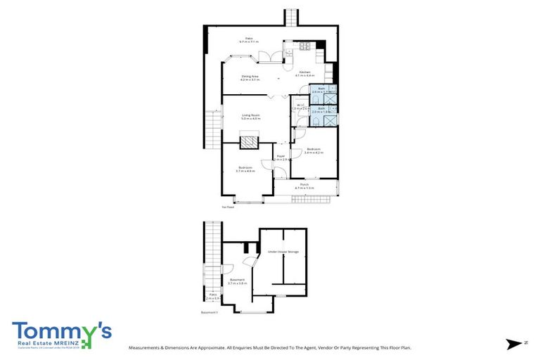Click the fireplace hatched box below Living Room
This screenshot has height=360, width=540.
(x=249, y=143)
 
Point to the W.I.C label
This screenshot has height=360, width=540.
(x=300, y=107)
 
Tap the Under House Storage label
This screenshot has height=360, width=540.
(x=283, y=250)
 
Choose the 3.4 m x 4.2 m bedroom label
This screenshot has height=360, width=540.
(x=314, y=150)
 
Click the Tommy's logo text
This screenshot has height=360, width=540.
(x=60, y=331)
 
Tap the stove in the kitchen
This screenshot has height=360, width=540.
(x=305, y=47)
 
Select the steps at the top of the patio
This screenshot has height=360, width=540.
(x=290, y=17)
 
